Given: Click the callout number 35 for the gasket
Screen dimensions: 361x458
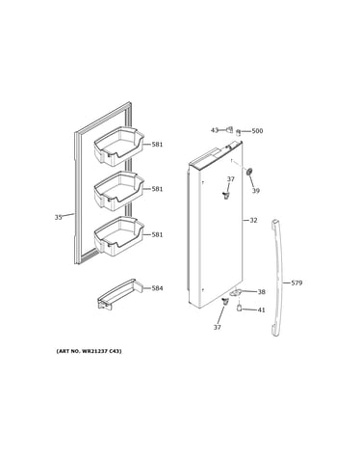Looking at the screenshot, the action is [58, 218].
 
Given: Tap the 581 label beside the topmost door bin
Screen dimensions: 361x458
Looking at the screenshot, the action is [157, 145].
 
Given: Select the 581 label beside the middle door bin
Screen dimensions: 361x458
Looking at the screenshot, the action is [157, 189].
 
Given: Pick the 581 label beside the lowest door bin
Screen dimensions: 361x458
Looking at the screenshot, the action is [157, 235].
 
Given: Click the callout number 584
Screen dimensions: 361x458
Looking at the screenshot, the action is [157, 288].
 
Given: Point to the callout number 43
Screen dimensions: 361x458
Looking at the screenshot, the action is [215, 130].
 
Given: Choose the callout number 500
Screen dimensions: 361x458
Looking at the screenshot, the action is [257, 131].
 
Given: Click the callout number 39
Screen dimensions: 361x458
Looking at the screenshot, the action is [255, 191].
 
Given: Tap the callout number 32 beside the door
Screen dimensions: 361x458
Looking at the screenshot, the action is [253, 221].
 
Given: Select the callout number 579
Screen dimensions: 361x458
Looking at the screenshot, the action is [297, 283].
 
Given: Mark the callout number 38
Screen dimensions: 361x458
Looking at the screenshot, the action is [262, 292].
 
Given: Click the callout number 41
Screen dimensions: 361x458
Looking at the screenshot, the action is [262, 310].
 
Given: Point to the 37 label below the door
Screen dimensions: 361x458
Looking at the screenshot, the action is [218, 327].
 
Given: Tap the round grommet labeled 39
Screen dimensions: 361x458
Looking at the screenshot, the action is [248, 172].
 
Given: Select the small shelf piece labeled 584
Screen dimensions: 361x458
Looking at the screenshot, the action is [119, 294].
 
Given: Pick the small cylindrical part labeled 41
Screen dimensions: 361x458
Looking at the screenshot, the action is [239, 308].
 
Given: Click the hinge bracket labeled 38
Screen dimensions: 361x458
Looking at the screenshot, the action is [236, 292].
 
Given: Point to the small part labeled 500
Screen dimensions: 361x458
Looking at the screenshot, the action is [239, 132].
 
